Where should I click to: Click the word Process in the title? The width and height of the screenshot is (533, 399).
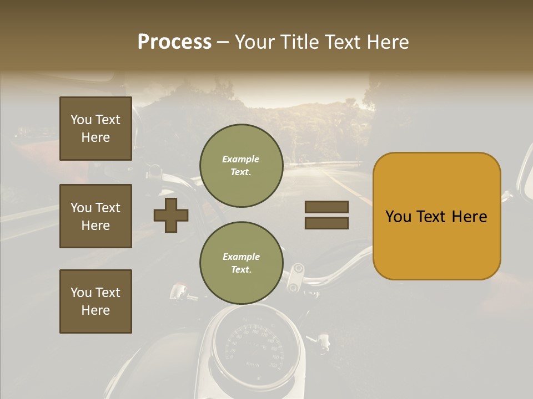(x=174, y=42)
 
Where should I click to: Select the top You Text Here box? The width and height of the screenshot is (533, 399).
(x=95, y=129)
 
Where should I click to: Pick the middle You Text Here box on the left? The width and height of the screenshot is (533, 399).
(x=95, y=216)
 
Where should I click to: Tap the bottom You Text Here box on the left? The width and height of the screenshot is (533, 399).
(x=95, y=301)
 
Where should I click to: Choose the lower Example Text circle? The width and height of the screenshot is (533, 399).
(x=241, y=263)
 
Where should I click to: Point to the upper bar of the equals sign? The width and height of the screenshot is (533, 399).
(x=326, y=207)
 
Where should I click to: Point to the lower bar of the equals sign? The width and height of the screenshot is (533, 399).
(x=326, y=223)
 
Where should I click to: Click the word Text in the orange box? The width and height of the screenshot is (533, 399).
(x=431, y=217)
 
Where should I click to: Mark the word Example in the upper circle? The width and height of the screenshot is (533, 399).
(x=241, y=159)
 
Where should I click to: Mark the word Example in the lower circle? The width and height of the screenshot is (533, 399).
(x=241, y=257)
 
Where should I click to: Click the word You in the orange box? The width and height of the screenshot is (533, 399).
(x=398, y=217)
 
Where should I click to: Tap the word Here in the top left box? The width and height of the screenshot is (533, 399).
(x=95, y=137)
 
